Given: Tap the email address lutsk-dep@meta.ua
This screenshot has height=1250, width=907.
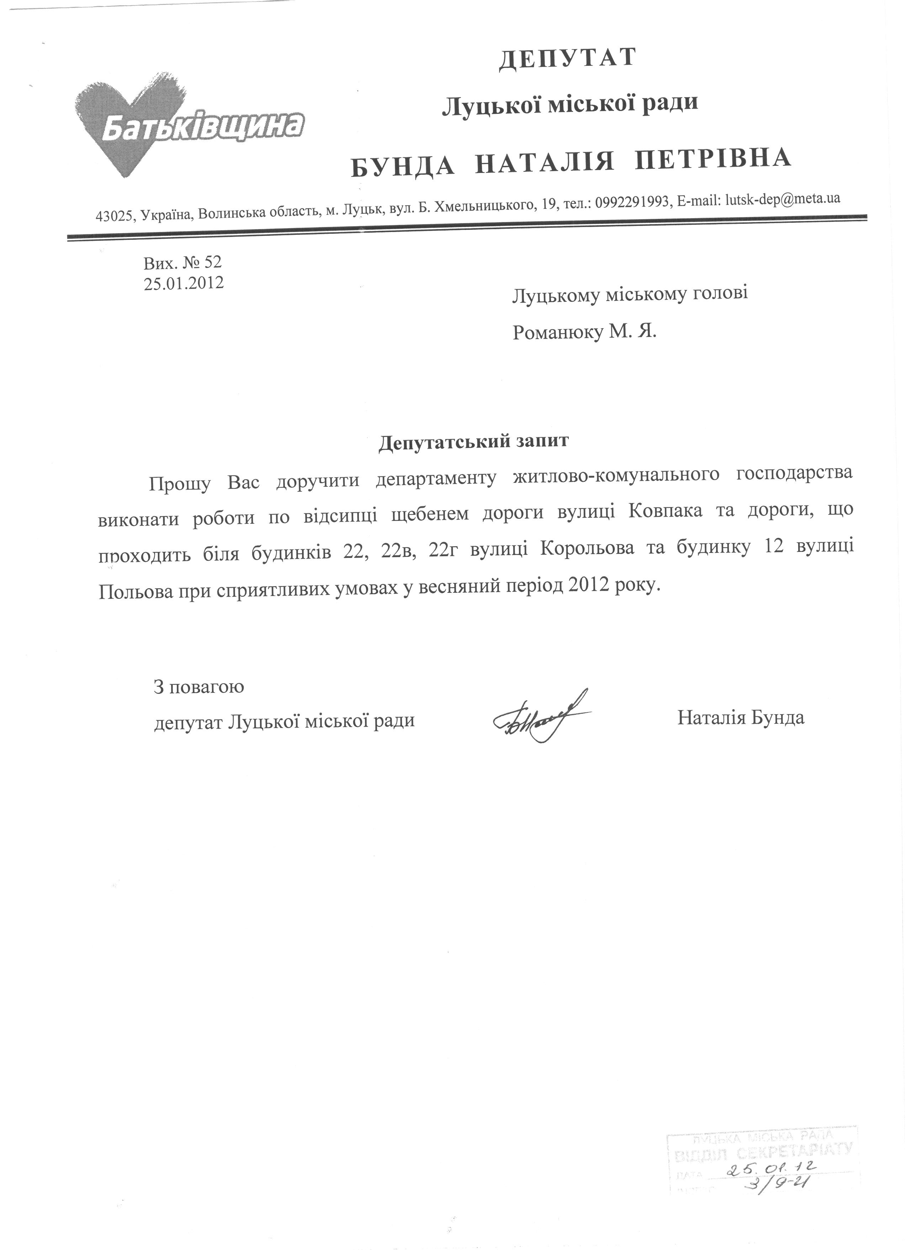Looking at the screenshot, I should point(783,200).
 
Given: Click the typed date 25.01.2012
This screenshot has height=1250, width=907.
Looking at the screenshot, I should point(184,283).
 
